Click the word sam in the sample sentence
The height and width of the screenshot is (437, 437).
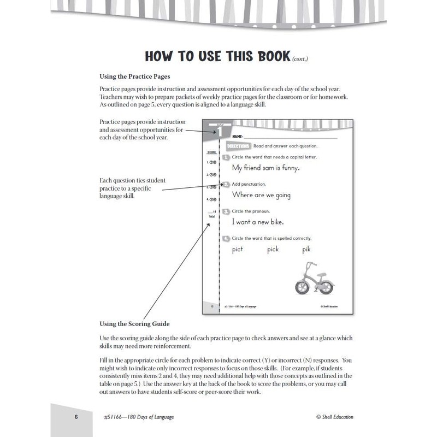pos(271,168)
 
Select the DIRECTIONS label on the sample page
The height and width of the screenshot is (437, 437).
pos(237,146)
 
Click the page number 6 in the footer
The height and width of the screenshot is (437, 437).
pos(77,417)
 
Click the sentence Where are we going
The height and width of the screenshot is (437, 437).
pos(261,195)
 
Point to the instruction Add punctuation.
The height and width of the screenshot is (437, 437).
pos(249,185)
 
